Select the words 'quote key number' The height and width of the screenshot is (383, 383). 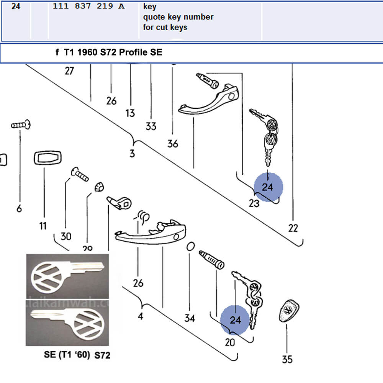178,17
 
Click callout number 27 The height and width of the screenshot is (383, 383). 69,71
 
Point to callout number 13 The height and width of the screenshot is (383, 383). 130,113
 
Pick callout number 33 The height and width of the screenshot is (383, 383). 151,126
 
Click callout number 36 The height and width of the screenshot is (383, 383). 173,144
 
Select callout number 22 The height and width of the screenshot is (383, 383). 293,228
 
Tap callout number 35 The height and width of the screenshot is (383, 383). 287,359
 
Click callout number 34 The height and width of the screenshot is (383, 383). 189,318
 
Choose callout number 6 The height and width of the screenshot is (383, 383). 19,208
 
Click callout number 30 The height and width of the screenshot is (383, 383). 66,236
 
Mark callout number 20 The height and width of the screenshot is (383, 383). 230,342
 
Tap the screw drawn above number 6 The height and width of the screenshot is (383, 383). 21,125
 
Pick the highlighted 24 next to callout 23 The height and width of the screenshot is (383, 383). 268,187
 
